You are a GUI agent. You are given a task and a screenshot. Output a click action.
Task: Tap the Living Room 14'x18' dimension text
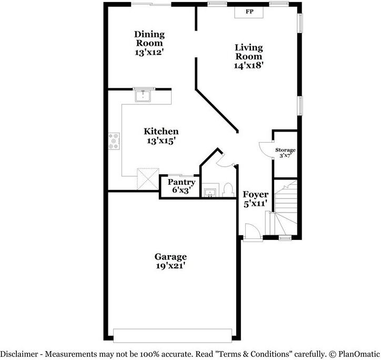pos(248,65)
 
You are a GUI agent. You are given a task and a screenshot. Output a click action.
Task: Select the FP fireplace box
pos(250,12)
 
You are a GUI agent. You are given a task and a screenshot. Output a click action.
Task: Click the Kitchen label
pos(161,132)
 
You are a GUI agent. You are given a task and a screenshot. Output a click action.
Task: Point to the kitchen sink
pos(142,95)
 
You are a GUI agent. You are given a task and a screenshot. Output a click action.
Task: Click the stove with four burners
pos(113,140)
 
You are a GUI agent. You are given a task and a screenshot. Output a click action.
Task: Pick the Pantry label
pos(181,183)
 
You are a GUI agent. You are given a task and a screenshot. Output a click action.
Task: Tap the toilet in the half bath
pos(228,188)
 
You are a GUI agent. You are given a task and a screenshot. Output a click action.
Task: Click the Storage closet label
pos(286,150)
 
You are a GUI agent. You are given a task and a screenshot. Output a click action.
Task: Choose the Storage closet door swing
pos(266,148)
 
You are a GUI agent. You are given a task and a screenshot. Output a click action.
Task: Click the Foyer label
pos(255,195)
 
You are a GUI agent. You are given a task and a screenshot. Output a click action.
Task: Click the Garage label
pos(170,257)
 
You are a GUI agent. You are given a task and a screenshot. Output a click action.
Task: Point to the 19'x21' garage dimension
pos(170,266)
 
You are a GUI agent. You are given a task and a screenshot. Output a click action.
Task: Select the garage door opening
pos(172,335)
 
